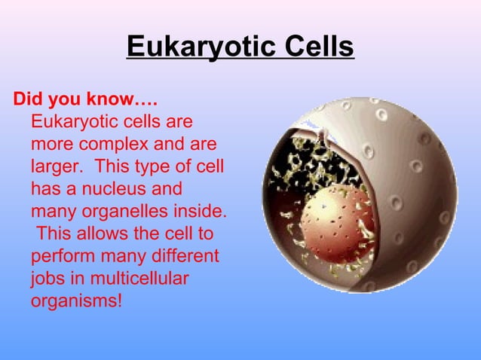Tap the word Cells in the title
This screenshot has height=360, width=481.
point(317,47)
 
